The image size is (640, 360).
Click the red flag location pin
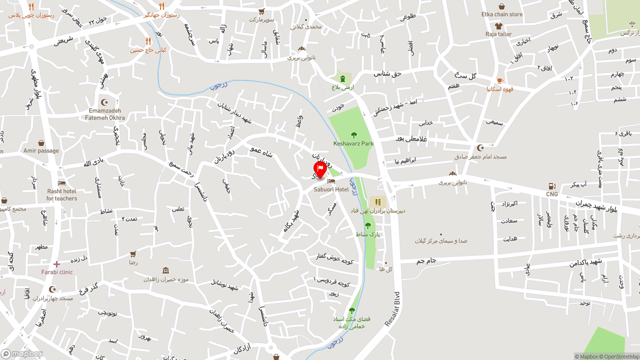[320, 169]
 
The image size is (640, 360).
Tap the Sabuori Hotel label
[331, 189]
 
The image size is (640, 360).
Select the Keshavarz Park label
[353, 143]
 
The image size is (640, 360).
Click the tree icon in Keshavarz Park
[354, 134]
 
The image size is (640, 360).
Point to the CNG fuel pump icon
[552, 186]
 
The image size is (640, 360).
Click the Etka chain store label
[502, 14]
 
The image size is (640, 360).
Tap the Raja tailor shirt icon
[498, 26]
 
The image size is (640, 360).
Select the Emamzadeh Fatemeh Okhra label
[105, 114]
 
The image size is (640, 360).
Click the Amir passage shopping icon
[41, 143]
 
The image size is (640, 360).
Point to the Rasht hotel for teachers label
[62, 194]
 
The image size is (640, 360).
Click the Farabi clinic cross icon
[56, 264]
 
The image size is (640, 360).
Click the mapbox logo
[22, 353]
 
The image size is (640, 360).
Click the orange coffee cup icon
[500, 80]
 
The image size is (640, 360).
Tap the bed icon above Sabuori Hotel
[331, 181]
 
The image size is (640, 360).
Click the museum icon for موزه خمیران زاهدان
[165, 270]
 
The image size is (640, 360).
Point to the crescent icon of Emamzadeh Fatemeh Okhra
[104, 102]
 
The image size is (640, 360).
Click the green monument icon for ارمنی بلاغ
[342, 78]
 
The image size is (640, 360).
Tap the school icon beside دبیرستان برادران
[378, 202]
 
